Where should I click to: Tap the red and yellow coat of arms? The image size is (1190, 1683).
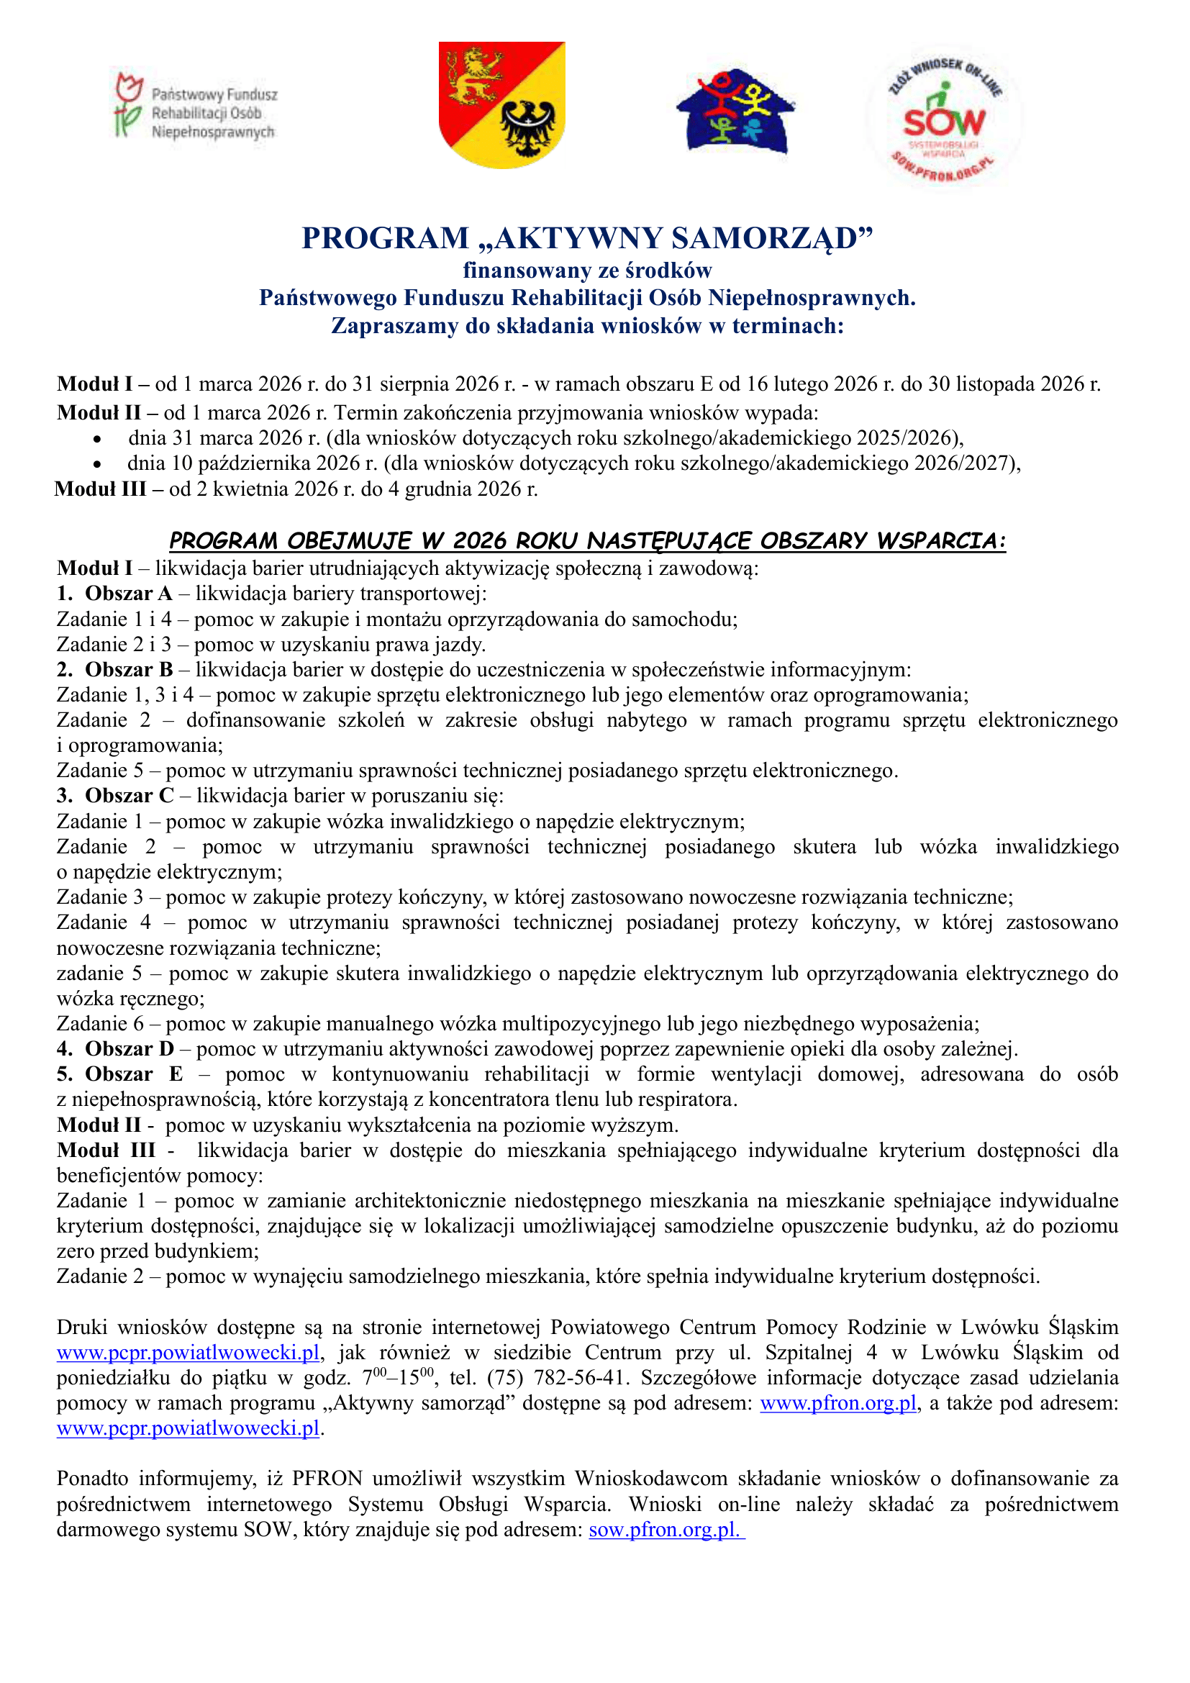pyautogui.click(x=502, y=104)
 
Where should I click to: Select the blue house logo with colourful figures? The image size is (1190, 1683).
pyautogui.click(x=735, y=112)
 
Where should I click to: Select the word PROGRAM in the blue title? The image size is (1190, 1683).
pyautogui.click(x=386, y=239)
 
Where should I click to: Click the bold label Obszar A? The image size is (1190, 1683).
pyautogui.click(x=129, y=593)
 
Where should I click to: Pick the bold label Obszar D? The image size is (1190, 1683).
pyautogui.click(x=130, y=1049)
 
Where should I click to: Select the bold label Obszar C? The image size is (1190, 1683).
pyautogui.click(x=130, y=795)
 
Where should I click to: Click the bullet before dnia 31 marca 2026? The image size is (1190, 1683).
pyautogui.click(x=97, y=439)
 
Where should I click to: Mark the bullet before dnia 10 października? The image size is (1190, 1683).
pyautogui.click(x=97, y=464)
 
